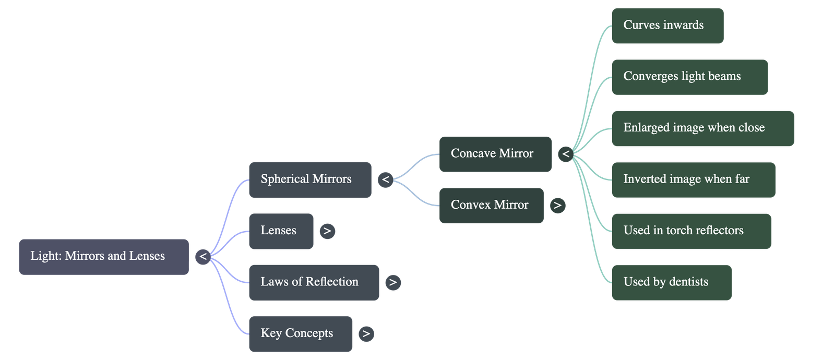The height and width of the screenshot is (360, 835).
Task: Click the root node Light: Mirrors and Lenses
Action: click(103, 256)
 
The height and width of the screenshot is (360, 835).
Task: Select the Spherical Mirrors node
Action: click(310, 179)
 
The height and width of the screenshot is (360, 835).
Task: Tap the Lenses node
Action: click(281, 231)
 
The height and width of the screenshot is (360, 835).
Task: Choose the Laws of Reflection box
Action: click(314, 282)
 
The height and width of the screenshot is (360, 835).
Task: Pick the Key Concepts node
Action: click(300, 333)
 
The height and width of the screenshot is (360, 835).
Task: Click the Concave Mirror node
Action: click(495, 154)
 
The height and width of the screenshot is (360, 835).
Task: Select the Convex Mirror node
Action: click(491, 205)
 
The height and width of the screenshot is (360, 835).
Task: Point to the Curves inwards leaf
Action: click(667, 26)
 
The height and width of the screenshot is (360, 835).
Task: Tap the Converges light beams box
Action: click(689, 77)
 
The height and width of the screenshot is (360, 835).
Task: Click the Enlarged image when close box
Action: click(702, 128)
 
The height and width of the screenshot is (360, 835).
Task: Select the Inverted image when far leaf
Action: click(693, 179)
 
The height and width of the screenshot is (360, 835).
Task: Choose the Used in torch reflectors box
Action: click(691, 231)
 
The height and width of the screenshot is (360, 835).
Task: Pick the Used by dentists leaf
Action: click(671, 282)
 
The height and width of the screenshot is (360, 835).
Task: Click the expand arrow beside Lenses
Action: click(327, 231)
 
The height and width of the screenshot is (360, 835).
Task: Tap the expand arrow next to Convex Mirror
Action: click(557, 205)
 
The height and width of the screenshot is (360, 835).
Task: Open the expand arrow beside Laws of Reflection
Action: click(392, 282)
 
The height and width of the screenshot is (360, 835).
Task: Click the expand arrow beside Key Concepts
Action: click(366, 333)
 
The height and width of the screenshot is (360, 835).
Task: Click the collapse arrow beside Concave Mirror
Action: click(565, 154)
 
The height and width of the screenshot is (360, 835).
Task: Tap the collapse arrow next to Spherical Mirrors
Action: click(385, 179)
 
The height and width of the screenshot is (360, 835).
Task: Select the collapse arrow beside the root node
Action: click(202, 256)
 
